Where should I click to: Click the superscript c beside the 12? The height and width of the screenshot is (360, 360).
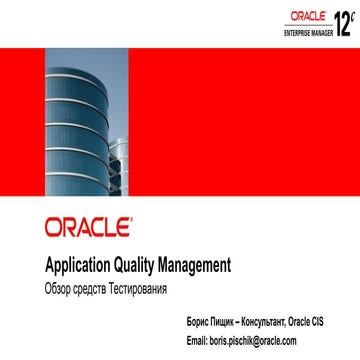(353, 13)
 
